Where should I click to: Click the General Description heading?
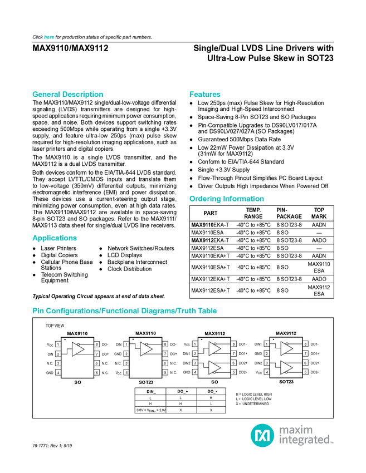pos(67,95)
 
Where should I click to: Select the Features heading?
pos(205,95)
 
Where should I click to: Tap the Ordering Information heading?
pos(226,199)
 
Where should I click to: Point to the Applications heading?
pos(54,238)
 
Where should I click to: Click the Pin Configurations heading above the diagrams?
pos(125,311)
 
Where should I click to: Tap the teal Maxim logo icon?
pos(262,434)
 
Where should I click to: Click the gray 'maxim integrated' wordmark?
pos(306,435)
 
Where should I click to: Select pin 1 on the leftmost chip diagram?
pos(58,344)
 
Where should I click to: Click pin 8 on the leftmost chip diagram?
pos(97,344)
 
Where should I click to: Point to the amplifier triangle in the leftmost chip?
pos(78,349)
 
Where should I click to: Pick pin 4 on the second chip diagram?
pos(126,372)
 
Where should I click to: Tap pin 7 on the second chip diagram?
pos(165,353)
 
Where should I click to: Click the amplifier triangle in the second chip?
pos(147,349)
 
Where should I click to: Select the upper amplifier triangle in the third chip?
pos(214,349)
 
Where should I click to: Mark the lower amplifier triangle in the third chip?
pos(214,367)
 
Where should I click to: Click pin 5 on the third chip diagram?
pos(234,372)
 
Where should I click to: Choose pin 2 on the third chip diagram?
pos(195,353)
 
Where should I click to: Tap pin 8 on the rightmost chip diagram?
pos(305,344)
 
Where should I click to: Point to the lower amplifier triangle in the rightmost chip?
pos(286,367)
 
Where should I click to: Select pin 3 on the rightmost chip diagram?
pos(266,363)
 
